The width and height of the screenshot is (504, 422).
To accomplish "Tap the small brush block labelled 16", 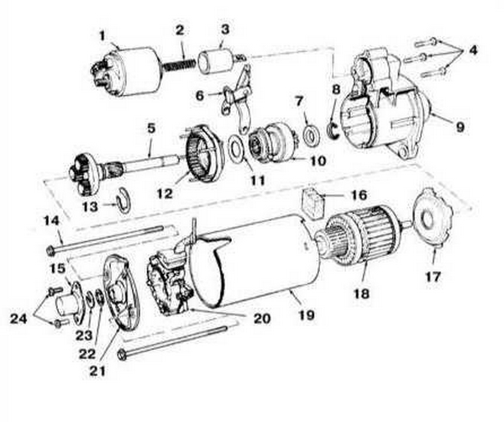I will pyautogui.click(x=315, y=203).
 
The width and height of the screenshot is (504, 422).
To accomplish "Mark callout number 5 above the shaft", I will pyautogui.click(x=152, y=128).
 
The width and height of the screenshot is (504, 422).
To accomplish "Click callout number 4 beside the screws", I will pyautogui.click(x=473, y=50).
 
